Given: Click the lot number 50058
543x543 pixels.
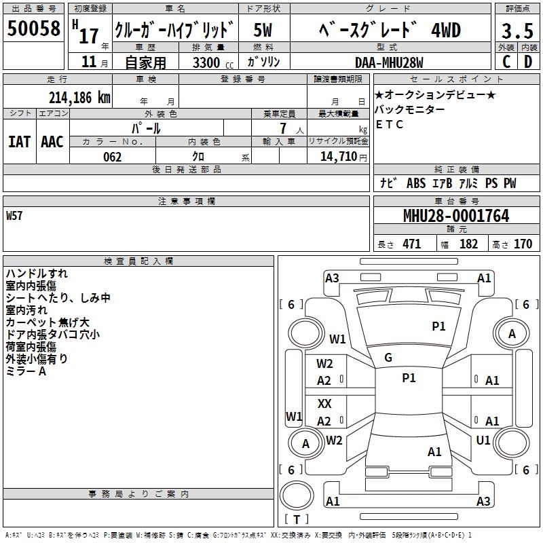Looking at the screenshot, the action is tap(33, 29).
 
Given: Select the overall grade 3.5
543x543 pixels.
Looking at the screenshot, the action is tap(517, 31).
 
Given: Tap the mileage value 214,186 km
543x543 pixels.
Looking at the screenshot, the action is tap(79, 98).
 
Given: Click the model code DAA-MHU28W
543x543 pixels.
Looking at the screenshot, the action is tap(389, 62).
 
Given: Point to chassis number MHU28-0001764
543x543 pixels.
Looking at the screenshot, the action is tap(456, 216).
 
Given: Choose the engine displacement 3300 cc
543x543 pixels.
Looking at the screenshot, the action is tap(213, 62).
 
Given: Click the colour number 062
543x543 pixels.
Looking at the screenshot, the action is tap(113, 157).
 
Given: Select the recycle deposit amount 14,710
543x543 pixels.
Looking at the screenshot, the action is tap(338, 157).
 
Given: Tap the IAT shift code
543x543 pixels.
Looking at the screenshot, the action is tap(19, 142).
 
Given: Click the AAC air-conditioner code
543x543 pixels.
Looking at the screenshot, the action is tap(52, 142).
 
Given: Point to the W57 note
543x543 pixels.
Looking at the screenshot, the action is tap(14, 216).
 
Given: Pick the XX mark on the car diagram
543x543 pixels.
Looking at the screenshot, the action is tap(324, 403).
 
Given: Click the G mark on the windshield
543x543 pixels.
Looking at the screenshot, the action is tap(388, 358).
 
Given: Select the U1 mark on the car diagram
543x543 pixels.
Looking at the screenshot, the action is tap(483, 440).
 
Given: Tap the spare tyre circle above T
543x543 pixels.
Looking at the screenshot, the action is tap(297, 495).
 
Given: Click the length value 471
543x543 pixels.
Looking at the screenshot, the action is tap(412, 244).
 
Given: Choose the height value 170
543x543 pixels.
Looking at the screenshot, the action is tap(523, 244).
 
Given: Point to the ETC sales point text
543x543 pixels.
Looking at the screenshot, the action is tap(390, 124).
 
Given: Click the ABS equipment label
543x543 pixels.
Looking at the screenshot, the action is tap(416, 183).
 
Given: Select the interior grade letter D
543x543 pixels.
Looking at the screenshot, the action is tap(528, 62).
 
